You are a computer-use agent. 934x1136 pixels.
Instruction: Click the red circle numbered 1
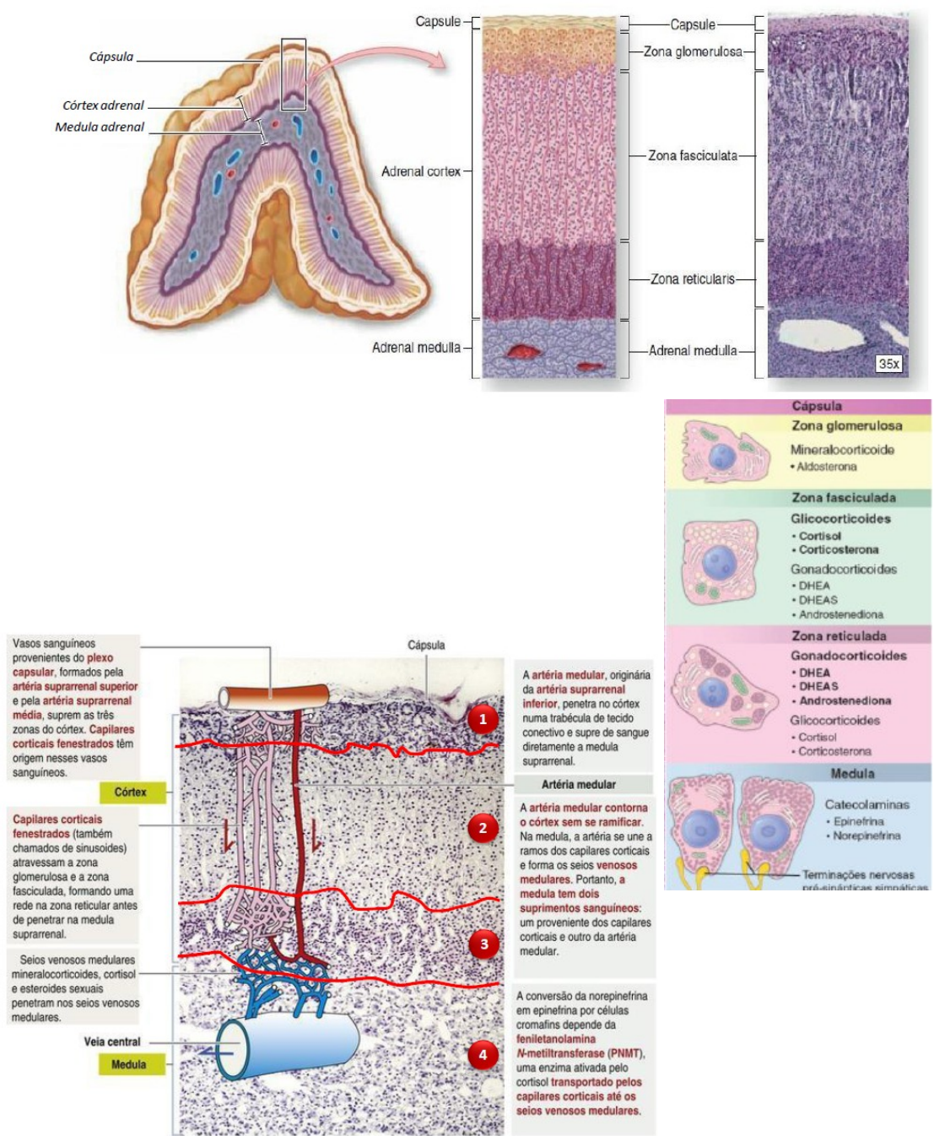(483, 719)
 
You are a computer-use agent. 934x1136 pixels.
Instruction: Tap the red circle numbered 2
(483, 828)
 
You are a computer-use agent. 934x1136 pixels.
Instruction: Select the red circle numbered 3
(483, 944)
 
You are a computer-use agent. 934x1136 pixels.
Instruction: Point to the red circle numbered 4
(483, 1054)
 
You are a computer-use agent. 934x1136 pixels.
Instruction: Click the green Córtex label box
(131, 792)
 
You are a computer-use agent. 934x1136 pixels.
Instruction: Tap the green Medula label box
(128, 1064)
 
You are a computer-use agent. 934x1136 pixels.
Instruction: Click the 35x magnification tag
(888, 364)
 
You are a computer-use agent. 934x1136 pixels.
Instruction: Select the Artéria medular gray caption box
(579, 784)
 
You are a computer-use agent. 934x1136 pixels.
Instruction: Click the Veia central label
(111, 1041)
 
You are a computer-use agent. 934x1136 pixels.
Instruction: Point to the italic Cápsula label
(111, 57)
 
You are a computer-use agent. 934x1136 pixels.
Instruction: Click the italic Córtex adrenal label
(103, 105)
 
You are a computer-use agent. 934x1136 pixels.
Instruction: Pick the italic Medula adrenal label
(100, 127)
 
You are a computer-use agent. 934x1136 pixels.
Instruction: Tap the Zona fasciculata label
(693, 155)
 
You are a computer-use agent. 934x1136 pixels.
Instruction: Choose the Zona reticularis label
(692, 279)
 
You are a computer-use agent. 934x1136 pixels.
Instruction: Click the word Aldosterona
(827, 467)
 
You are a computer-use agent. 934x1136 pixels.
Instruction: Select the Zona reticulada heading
(839, 636)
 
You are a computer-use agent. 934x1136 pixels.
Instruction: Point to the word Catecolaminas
(867, 804)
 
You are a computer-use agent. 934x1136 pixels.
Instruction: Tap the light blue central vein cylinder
(289, 1045)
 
